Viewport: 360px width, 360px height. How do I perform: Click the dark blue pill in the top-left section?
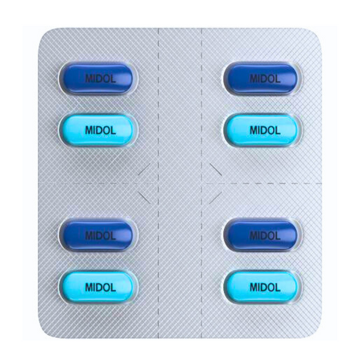pos(98,78)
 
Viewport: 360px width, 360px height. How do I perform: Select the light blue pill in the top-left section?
pos(98,130)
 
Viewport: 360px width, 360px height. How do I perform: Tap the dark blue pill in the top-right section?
pos(262,78)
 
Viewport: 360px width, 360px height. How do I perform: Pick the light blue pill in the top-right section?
pos(262,130)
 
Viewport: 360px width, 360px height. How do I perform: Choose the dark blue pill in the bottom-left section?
pos(98,235)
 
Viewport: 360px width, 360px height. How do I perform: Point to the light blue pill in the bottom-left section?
pos(98,287)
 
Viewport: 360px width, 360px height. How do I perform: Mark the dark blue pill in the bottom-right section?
pos(262,235)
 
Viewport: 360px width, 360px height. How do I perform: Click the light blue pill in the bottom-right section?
pos(262,287)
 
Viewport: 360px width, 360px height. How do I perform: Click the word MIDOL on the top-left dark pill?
pos(101,79)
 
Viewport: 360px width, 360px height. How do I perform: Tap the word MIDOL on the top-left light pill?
pos(101,130)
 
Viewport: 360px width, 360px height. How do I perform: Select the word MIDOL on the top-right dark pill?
pos(265,79)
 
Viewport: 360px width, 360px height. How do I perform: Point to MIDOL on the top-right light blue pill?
pos(265,130)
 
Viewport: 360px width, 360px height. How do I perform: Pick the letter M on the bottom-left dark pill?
pos(89,236)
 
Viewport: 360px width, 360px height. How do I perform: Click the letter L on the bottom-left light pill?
pos(113,287)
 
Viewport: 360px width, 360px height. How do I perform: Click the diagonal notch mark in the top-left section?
pos(144,169)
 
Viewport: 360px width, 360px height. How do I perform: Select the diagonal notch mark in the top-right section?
pos(215,169)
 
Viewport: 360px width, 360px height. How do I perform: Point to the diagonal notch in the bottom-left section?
pos(144,197)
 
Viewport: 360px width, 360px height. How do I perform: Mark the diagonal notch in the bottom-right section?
pos(215,197)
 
